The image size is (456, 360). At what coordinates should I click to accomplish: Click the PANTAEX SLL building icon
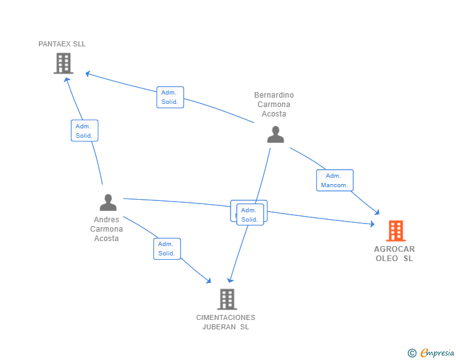tap(63, 63)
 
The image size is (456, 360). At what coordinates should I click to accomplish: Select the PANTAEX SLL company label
tap(62, 44)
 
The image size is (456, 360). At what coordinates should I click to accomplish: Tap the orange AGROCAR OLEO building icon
tap(395, 230)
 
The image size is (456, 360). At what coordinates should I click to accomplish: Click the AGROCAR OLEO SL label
tap(395, 254)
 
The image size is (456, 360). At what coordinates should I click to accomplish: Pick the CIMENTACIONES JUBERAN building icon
tap(227, 299)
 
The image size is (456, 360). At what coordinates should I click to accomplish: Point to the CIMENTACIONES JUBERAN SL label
tap(225, 322)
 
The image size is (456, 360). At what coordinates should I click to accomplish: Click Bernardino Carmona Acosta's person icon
tap(275, 135)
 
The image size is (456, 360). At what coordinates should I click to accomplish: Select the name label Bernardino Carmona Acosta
tap(274, 105)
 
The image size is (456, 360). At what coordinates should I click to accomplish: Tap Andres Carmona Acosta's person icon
tap(108, 203)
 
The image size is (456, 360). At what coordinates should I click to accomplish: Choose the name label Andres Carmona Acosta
tap(106, 229)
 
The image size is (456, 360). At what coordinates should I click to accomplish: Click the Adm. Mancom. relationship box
tap(334, 180)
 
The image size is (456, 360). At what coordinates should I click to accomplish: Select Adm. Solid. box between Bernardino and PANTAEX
tap(170, 97)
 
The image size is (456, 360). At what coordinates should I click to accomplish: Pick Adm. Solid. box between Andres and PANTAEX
tap(84, 131)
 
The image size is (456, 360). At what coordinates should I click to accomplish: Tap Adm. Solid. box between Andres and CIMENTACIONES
tap(167, 249)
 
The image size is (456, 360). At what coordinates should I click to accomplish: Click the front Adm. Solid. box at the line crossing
tap(250, 215)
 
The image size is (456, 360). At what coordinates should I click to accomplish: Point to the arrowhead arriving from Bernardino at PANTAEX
tap(88, 74)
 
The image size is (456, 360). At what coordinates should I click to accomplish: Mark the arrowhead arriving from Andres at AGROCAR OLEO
tap(372, 223)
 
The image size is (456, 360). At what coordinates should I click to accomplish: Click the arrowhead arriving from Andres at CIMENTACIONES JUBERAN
tap(209, 281)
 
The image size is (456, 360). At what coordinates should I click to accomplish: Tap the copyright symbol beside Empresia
tap(412, 353)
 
